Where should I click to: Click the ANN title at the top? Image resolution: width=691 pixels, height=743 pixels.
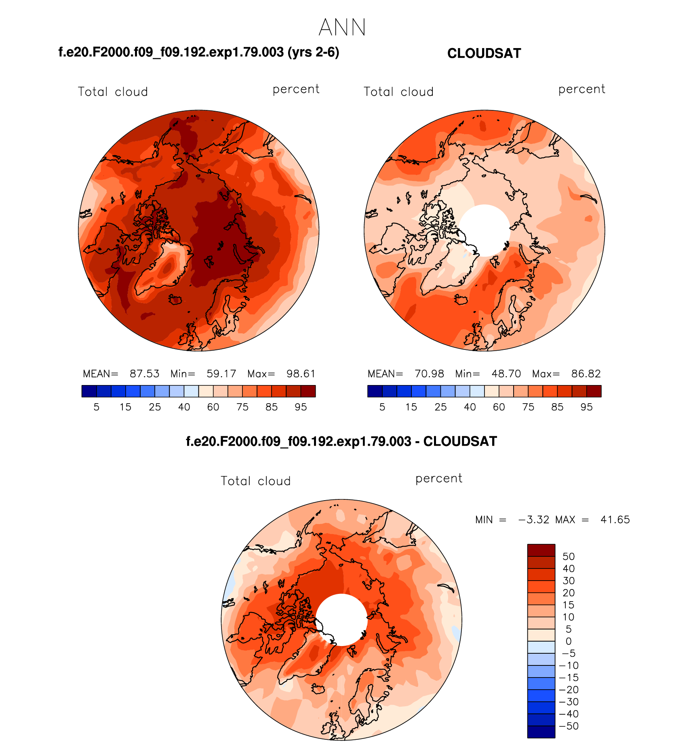click(x=342, y=28)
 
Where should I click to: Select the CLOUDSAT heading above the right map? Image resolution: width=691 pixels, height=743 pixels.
click(x=484, y=53)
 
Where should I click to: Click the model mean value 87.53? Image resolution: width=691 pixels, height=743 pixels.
click(x=144, y=374)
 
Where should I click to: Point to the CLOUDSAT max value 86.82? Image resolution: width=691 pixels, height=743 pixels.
click(x=586, y=374)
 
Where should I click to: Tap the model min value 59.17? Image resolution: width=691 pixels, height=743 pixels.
click(x=221, y=374)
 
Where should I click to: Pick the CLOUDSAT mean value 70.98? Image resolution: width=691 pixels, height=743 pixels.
click(x=429, y=374)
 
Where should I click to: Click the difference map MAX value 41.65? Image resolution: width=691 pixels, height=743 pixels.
click(x=615, y=520)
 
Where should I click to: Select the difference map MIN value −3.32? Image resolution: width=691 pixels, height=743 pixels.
click(x=533, y=520)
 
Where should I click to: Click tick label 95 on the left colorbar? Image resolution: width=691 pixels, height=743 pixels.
click(x=301, y=407)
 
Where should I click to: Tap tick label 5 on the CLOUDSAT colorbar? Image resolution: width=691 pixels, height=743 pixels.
click(x=382, y=407)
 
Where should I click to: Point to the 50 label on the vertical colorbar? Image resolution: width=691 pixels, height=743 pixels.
click(x=568, y=556)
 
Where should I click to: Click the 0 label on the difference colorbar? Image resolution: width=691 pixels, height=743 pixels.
click(x=568, y=641)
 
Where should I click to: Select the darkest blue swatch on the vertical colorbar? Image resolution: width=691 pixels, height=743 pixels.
click(x=541, y=732)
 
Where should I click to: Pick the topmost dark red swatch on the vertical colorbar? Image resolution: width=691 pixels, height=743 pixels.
click(x=541, y=550)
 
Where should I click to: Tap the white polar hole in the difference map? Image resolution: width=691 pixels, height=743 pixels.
click(x=341, y=619)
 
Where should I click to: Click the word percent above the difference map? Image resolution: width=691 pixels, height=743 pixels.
click(x=438, y=479)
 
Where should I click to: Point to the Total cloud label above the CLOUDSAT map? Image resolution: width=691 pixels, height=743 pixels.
click(x=398, y=92)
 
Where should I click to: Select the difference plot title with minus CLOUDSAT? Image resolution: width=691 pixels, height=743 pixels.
click(x=341, y=441)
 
